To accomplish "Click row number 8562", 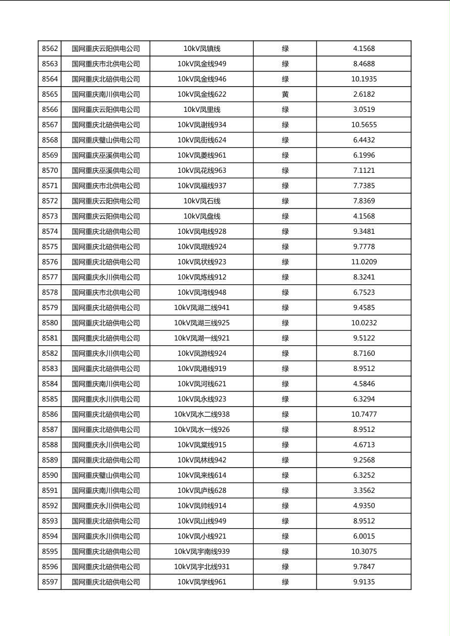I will coord(50,49).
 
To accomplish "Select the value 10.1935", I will coord(364,79).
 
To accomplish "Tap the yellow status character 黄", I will coord(285,94).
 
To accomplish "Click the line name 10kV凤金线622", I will coord(202,94).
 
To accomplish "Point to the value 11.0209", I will coord(364,262).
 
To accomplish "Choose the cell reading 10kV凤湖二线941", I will coord(202,308).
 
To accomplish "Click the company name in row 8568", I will coord(105,140).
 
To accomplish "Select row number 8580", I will coord(50,323).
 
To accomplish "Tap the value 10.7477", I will coord(364,414).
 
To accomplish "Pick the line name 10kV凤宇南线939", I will coord(202,551).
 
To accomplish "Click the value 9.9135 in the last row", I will coord(364,582).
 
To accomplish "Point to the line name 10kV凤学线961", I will coord(202,582).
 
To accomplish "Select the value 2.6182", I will coord(364,94).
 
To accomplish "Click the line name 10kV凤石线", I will coord(202,201).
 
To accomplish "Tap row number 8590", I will coord(50,475).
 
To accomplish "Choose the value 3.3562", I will coord(364,490).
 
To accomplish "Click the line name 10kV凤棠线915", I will coord(202,445).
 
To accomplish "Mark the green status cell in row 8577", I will coord(285,277).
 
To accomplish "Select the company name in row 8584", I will coord(105,384).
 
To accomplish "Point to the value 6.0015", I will coord(364,536).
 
